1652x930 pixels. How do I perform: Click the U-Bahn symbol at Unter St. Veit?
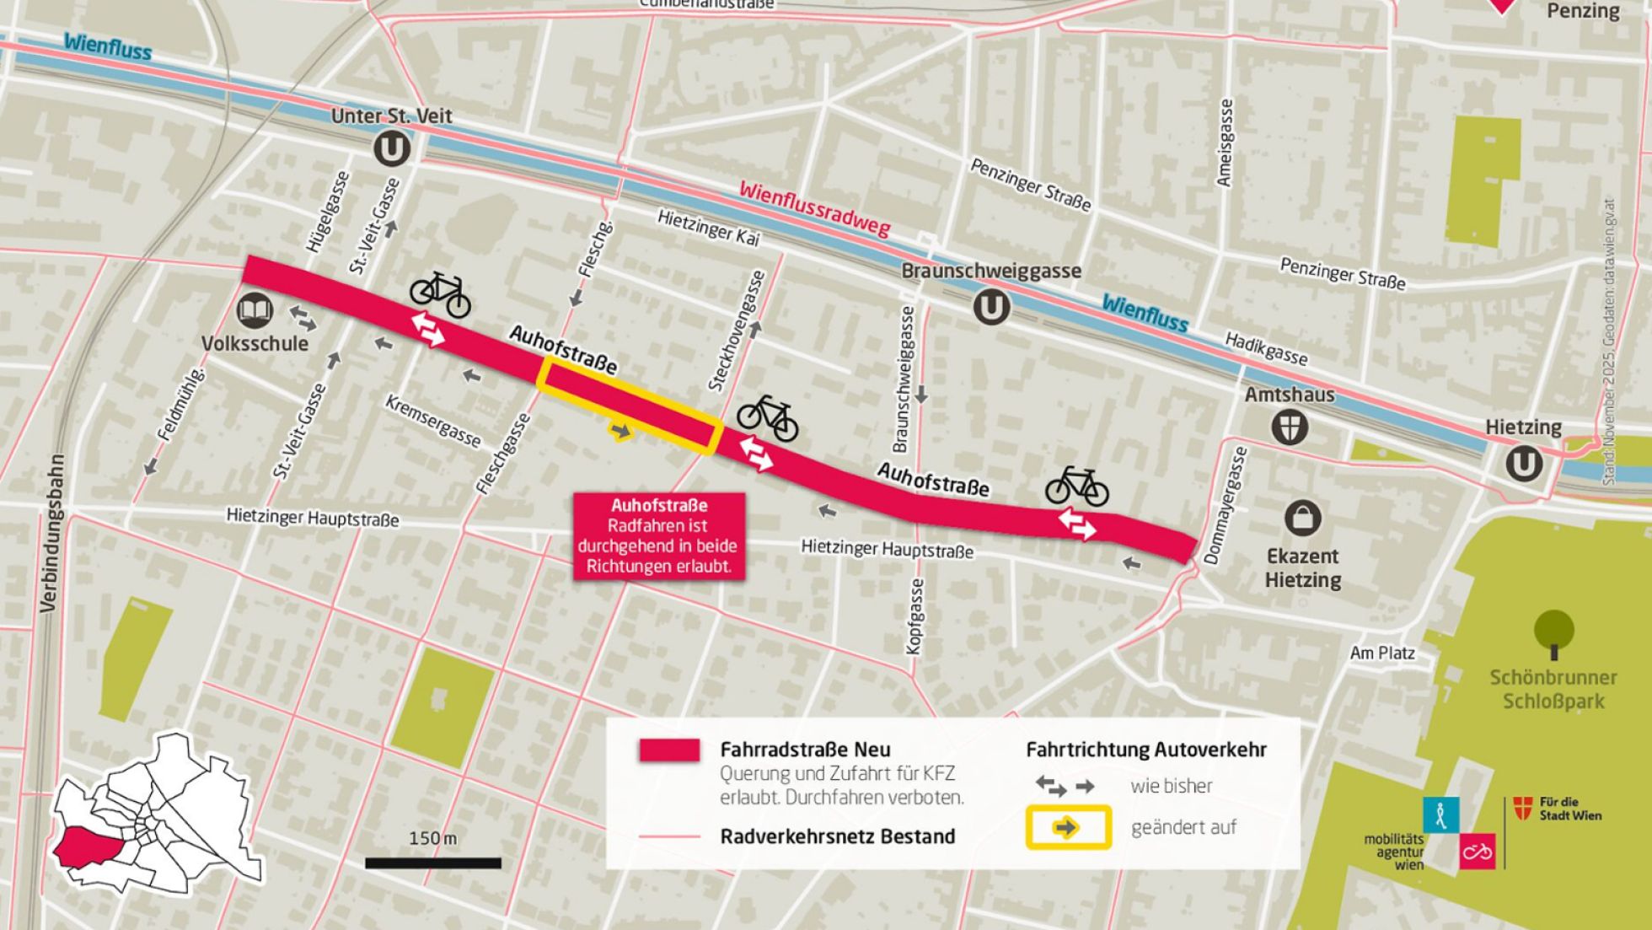coord(392,149)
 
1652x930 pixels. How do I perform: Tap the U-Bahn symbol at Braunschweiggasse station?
coord(991,307)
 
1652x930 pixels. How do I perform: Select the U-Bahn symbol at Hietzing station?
coord(1524,464)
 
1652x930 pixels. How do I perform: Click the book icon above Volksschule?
coord(254,311)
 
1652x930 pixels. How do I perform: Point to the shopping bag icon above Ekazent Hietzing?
coord(1302,518)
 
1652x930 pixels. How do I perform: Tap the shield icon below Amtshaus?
coord(1290,427)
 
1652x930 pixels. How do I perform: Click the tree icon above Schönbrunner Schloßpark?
coord(1553,632)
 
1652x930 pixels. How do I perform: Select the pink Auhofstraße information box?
coord(658,536)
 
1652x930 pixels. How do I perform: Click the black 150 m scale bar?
coord(432,863)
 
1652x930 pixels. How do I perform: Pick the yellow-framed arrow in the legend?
coord(1067,827)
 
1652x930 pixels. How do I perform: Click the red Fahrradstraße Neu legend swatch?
coord(669,750)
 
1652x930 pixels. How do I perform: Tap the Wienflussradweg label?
coord(814,209)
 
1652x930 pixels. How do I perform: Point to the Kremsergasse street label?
coord(432,421)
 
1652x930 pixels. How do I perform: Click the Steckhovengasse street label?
coord(736,331)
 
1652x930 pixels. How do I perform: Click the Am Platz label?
coord(1381,653)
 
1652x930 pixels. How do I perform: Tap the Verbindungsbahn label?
coord(51,533)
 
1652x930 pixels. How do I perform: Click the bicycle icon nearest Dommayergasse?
coord(1076,487)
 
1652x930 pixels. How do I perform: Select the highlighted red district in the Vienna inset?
coord(88,847)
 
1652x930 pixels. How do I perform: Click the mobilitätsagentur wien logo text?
coord(1394,852)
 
